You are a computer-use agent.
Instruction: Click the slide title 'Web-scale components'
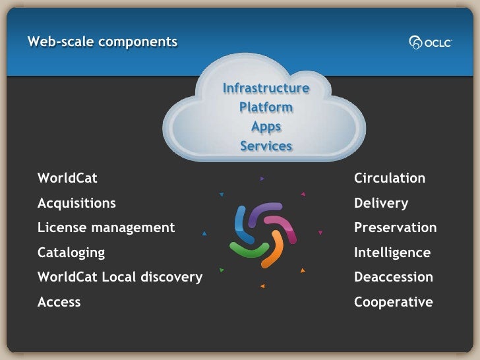(102, 42)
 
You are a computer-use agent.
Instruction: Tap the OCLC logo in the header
(430, 43)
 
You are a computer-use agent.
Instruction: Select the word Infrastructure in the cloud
(266, 88)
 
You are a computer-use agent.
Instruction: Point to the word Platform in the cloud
(266, 107)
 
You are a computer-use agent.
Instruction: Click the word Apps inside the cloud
(266, 127)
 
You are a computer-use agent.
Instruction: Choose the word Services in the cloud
(266, 146)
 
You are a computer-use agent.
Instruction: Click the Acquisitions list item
(76, 203)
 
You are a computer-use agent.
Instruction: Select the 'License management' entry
(106, 227)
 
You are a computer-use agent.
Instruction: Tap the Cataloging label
(71, 253)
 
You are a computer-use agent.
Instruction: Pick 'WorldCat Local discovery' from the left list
(120, 277)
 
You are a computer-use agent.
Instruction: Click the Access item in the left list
(59, 302)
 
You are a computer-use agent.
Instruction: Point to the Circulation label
(390, 178)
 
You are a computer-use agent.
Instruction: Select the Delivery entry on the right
(381, 203)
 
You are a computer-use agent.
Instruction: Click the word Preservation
(396, 227)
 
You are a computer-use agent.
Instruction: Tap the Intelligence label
(392, 253)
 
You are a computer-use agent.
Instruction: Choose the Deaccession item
(394, 277)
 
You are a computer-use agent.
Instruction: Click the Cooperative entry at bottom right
(394, 302)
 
